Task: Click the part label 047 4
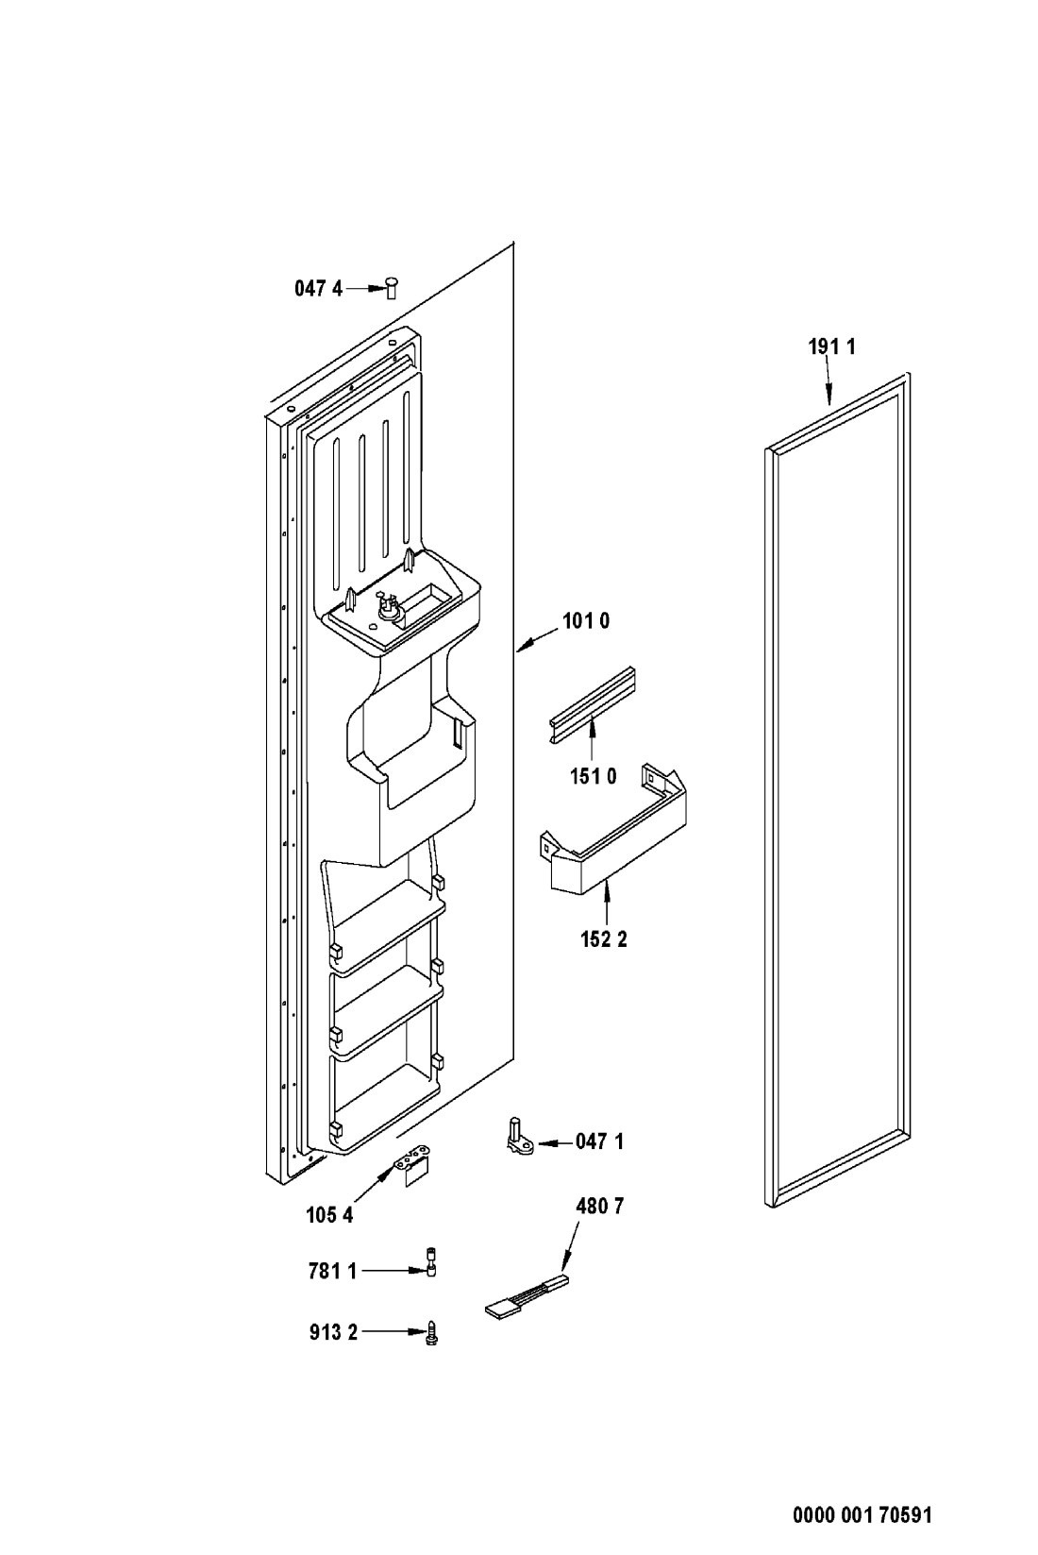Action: point(319,288)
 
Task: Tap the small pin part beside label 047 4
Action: point(392,287)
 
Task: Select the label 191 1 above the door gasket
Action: point(831,346)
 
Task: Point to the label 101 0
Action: point(586,620)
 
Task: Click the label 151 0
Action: point(594,775)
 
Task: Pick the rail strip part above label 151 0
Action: point(593,704)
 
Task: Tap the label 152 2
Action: point(604,939)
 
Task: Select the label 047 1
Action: point(599,1141)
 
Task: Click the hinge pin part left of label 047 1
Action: point(519,1136)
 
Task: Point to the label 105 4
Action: point(329,1215)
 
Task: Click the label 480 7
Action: point(599,1206)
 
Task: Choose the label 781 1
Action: point(332,1271)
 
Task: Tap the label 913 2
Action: point(333,1332)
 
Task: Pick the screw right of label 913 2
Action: point(431,1333)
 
